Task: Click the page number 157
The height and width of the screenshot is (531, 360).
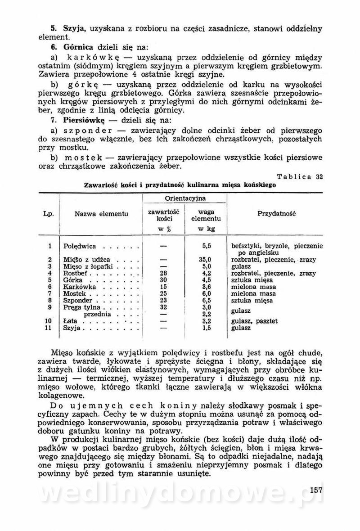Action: [317, 490]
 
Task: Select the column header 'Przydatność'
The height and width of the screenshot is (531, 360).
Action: [276, 213]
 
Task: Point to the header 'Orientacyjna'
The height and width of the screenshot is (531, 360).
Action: [185, 198]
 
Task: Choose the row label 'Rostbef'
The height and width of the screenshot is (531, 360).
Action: [77, 273]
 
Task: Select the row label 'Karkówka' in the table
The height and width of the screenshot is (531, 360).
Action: [79, 287]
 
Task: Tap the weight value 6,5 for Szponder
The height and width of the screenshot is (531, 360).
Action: [207, 300]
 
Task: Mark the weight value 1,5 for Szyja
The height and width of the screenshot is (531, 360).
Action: [207, 328]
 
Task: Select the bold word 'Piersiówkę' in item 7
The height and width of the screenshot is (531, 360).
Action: [84, 121]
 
